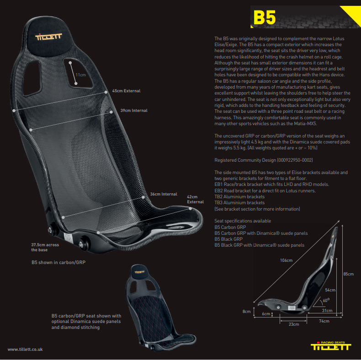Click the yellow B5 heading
pos(264,17)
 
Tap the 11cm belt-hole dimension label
pos(80,75)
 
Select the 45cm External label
pos(126,91)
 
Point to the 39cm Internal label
pos(134,111)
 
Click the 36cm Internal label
pos(164,194)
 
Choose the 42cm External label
pos(195,199)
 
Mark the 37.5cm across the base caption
pos(45,247)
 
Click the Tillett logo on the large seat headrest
pos(48,37)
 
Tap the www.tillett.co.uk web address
pos(25,349)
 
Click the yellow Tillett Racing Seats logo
pos(331,346)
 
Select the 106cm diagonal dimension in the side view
pos(286,260)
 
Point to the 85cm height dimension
pos(348,274)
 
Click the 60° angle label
pos(326,300)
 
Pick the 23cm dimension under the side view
pos(294,324)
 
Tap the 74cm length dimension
pos(324,321)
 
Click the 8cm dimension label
pos(246,312)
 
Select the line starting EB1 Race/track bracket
pos(272,185)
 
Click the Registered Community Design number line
pos(264,160)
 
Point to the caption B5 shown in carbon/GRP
pos(58,262)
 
